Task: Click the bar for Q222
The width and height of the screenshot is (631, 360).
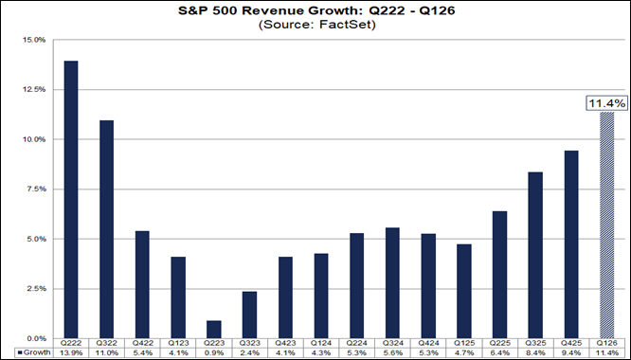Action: point(71,200)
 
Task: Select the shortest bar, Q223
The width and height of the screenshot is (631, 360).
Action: point(214,330)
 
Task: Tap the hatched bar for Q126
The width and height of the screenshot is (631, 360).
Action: point(607,225)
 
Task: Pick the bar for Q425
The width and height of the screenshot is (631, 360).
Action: point(571,244)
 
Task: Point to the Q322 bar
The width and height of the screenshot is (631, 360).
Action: point(107,229)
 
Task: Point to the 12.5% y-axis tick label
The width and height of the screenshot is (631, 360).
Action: point(34,90)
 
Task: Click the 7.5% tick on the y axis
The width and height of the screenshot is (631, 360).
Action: point(36,189)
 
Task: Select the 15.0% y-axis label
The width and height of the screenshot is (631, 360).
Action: point(34,40)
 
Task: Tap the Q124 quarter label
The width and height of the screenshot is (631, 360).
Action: point(321,343)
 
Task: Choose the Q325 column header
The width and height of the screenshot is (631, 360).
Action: point(535,343)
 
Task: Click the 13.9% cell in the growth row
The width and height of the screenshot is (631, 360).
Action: point(71,352)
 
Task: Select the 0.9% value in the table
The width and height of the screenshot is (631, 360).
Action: point(214,352)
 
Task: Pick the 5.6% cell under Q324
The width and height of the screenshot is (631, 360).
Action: point(392,352)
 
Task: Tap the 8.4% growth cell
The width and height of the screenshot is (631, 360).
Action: point(535,352)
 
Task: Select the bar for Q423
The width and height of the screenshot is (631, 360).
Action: point(285,297)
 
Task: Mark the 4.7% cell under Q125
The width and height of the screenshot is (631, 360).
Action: point(464,352)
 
